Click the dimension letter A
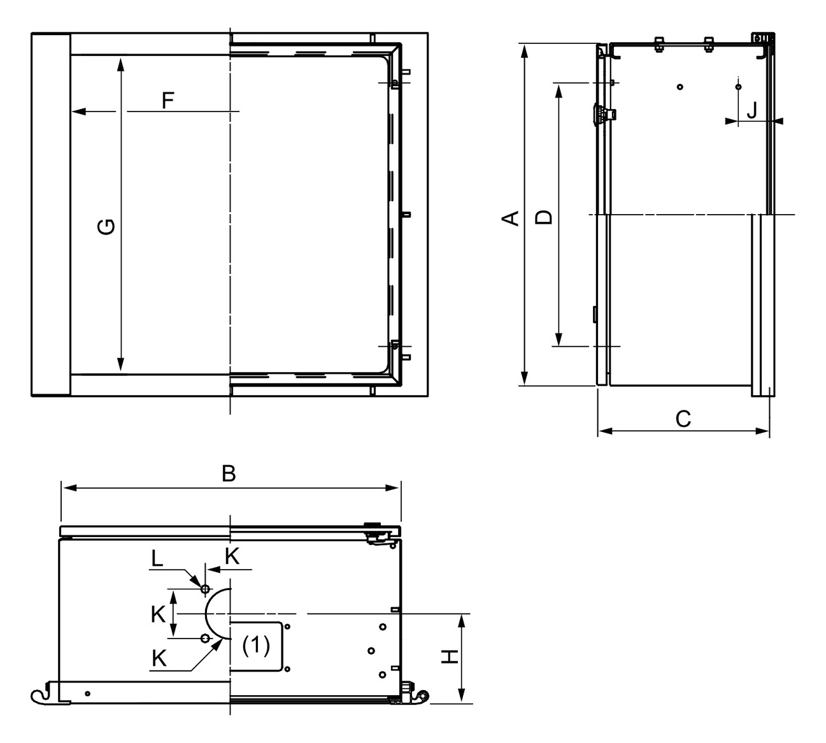tap(510, 218)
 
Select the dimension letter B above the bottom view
tap(229, 473)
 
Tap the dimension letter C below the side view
tap(683, 419)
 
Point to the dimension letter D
tap(543, 217)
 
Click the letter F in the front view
tap(167, 101)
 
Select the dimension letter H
tap(450, 656)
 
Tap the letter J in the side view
tap(752, 111)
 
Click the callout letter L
tap(157, 559)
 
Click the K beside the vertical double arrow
tap(159, 614)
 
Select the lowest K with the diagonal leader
tap(159, 658)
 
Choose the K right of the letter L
tap(232, 556)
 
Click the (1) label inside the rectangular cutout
tap(256, 646)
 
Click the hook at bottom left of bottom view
tap(39, 696)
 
